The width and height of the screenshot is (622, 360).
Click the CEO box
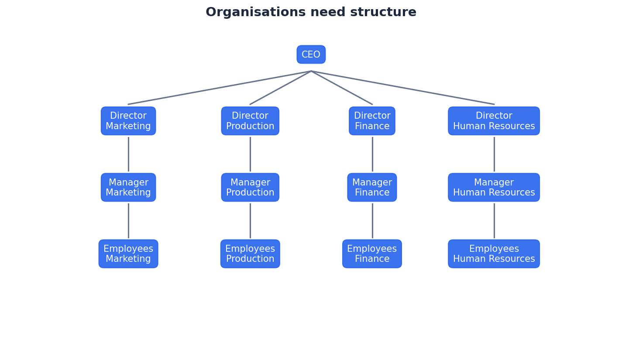(x=311, y=55)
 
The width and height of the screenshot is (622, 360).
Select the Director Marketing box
(x=128, y=121)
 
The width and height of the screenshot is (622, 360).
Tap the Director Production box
(x=250, y=121)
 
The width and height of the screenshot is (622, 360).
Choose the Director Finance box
(x=372, y=121)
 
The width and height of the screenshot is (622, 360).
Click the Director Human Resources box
(x=494, y=121)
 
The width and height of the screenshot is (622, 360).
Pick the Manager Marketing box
(x=128, y=187)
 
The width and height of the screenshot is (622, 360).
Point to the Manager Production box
(x=250, y=187)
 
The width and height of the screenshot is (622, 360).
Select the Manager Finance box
(x=372, y=187)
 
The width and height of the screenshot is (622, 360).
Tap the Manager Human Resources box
(x=494, y=187)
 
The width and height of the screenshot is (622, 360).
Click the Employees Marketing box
(x=128, y=254)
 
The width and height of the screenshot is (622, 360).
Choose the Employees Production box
(x=250, y=254)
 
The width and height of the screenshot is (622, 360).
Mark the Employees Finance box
(x=372, y=254)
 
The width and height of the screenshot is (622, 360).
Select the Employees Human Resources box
(x=494, y=254)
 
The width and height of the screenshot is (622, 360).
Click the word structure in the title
(x=386, y=12)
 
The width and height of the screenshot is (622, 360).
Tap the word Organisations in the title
(x=256, y=12)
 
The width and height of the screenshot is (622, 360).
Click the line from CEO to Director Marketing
(x=220, y=88)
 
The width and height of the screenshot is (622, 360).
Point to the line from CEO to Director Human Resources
(x=402, y=88)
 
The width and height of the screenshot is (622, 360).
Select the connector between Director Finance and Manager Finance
(x=372, y=154)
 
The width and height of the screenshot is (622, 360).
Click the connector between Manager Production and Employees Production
(x=250, y=220)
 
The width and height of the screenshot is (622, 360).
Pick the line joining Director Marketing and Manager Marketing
(x=128, y=154)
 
